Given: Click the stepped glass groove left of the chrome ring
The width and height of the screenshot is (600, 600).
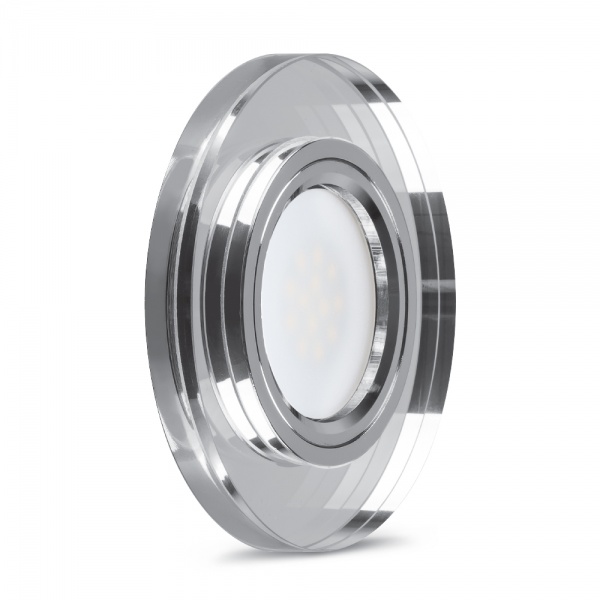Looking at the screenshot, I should (x=215, y=300).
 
